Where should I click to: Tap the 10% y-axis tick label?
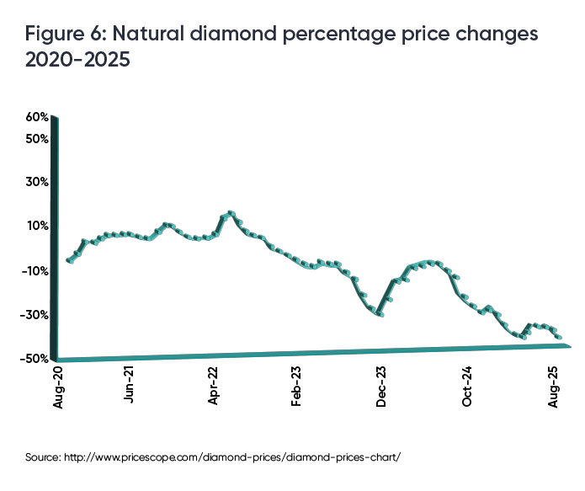(39, 226)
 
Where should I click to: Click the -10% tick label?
(37, 270)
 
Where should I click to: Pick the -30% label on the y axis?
(37, 315)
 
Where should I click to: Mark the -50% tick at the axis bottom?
(37, 358)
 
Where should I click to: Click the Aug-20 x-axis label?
(58, 390)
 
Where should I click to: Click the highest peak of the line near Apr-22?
(231, 213)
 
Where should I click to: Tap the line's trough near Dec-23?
(380, 314)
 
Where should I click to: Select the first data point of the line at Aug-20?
(68, 260)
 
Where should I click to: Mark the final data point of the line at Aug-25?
(560, 337)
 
